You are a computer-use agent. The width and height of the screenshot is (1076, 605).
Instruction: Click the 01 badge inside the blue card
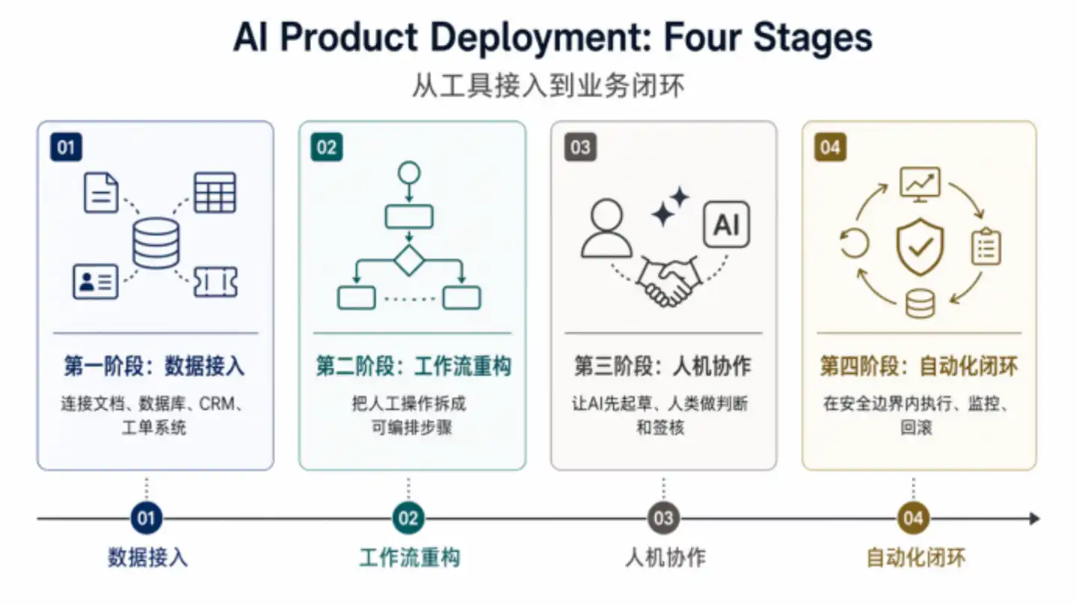coord(66,147)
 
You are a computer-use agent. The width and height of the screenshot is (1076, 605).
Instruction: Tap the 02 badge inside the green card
coord(326,147)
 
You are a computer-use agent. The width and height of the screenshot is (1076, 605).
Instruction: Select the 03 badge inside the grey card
coord(580,147)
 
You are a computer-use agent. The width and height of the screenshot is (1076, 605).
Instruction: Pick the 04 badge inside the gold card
coord(830,147)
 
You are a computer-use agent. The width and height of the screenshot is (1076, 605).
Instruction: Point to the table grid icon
coord(215,192)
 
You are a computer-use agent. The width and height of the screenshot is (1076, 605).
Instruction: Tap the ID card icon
coord(96,282)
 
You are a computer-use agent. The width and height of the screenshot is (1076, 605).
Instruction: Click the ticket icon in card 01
coord(215,282)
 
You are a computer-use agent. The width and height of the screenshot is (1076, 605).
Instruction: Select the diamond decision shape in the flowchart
coord(409,260)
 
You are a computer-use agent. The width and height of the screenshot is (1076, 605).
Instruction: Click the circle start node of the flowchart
coord(409,173)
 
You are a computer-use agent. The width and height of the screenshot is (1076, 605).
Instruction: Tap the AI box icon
coord(725,224)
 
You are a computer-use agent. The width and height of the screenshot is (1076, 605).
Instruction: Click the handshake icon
coord(668,281)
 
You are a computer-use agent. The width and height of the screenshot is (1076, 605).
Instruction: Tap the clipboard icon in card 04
coord(986,247)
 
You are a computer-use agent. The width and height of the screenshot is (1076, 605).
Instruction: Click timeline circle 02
coord(408,518)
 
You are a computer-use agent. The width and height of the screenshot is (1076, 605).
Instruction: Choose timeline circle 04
coord(913,518)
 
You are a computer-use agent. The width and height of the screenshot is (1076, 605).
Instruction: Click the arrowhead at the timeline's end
coord(1034,518)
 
